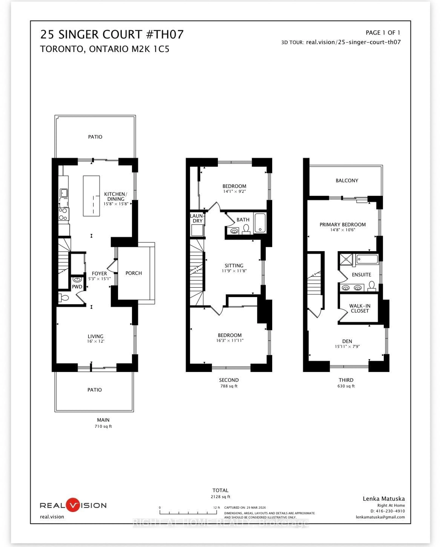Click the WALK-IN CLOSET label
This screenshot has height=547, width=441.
pyautogui.click(x=360, y=308)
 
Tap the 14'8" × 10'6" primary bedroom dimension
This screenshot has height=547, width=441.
pyautogui.click(x=342, y=230)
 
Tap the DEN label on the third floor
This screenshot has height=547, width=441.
pyautogui.click(x=347, y=341)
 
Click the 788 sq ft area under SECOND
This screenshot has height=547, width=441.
pyautogui.click(x=229, y=386)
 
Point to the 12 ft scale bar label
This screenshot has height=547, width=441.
pyautogui.click(x=216, y=507)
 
